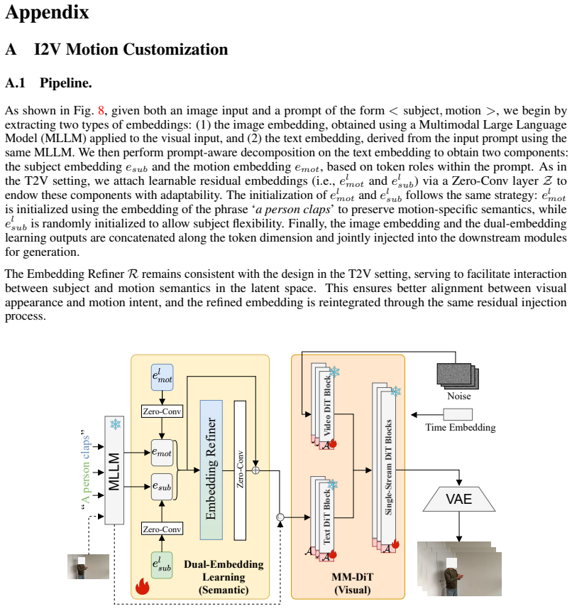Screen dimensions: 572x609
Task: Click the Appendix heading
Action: (47, 12)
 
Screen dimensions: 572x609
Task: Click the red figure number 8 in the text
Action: (101, 111)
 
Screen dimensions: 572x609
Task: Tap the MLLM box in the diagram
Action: (114, 470)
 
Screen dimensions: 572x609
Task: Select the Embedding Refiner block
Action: (211, 470)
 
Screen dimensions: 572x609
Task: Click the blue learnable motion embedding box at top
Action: (162, 377)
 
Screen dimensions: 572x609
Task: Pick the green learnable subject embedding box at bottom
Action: (162, 565)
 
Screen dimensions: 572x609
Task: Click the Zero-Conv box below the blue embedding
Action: (162, 411)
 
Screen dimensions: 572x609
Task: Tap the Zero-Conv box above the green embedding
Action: (162, 529)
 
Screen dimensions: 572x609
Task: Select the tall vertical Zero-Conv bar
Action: (240, 470)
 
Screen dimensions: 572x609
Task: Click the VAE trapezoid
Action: (459, 499)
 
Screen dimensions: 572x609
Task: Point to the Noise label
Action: (458, 396)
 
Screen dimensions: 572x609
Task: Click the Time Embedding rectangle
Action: (458, 414)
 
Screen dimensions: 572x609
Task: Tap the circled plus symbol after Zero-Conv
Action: (255, 470)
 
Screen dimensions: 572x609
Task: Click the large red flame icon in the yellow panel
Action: (143, 586)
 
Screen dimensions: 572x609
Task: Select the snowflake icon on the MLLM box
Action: (115, 424)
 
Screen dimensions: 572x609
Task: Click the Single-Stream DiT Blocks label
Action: (388, 468)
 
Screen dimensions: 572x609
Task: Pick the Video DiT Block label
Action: (327, 405)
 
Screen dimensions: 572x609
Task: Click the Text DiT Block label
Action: (327, 517)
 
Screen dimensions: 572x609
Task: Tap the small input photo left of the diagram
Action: (88, 566)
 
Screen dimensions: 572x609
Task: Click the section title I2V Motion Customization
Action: (131, 49)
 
